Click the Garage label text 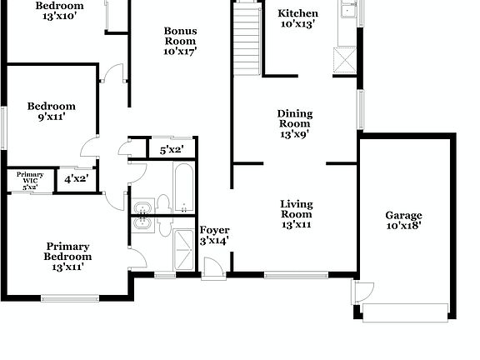coord(403,215)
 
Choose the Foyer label coord(215,230)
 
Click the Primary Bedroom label coord(68,251)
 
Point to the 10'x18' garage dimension coord(403,224)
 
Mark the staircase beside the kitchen coord(246,37)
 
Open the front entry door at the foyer coord(212,267)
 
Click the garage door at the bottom coord(406,312)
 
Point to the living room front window coord(295,273)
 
